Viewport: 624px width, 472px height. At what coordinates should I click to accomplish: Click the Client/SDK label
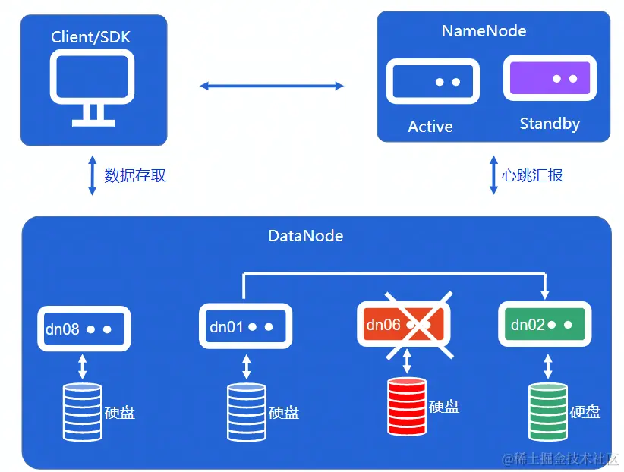(93, 36)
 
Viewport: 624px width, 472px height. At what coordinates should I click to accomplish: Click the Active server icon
(433, 81)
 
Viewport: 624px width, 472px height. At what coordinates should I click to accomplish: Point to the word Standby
(550, 124)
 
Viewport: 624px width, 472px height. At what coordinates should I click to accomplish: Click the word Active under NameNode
(430, 127)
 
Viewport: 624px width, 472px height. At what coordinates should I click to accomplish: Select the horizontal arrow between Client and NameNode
(272, 86)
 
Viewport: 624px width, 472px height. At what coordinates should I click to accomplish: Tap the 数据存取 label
(135, 175)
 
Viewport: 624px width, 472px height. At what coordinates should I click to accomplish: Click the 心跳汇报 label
(533, 175)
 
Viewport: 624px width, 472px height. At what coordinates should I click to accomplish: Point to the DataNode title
(306, 236)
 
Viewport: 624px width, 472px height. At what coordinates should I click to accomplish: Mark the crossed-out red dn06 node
(407, 326)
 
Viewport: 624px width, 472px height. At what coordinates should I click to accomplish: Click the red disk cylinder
(408, 407)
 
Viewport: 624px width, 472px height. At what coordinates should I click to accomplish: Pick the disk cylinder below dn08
(83, 412)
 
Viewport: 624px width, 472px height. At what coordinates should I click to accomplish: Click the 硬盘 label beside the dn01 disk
(284, 413)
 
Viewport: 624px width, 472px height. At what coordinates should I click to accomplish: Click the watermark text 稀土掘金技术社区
(564, 458)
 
